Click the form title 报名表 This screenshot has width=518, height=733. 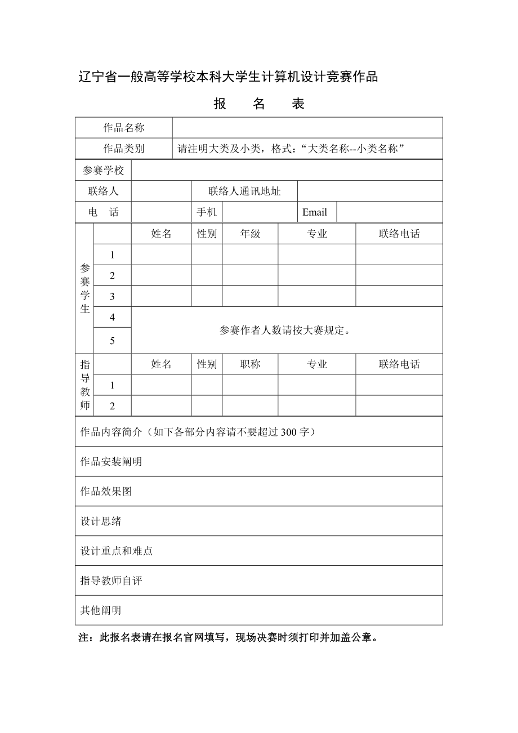259,104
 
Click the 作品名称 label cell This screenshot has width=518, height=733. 124,128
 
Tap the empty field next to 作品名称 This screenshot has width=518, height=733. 307,128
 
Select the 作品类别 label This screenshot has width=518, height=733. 124,149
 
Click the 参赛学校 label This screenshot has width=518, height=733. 104,171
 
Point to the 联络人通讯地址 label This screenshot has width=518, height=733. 244,191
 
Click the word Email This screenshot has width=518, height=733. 315,212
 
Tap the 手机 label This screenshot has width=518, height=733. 207,212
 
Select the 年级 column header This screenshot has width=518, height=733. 250,234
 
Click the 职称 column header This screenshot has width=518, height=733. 250,364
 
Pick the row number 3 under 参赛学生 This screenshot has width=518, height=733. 113,297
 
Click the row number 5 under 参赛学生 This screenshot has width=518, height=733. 113,341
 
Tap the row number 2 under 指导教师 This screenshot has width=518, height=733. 113,406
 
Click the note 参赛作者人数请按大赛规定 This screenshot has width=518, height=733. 285,330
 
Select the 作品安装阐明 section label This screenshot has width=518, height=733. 111,462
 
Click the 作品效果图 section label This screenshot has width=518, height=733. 106,491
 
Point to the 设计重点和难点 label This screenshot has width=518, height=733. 117,551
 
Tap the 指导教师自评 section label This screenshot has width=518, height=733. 111,580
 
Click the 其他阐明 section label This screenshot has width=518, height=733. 101,610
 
